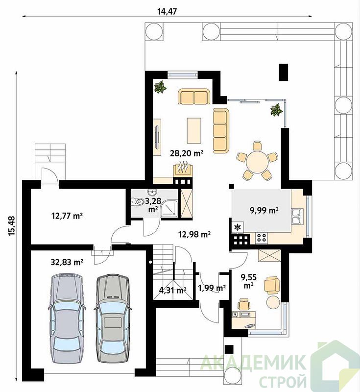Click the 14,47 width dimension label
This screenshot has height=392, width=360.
coord(167,11)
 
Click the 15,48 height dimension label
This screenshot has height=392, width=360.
coord(12,226)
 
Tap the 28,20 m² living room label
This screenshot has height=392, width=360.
coord(187,153)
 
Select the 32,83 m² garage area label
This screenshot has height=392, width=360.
coord(67,262)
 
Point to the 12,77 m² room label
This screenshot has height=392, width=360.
coord(67,216)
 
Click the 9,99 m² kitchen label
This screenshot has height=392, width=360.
coord(264,211)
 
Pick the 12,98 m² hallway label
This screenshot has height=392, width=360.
coord(194,234)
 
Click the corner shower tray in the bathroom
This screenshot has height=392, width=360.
coord(169,208)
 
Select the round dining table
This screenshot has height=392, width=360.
coord(257,161)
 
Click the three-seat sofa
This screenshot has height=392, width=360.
coord(221,130)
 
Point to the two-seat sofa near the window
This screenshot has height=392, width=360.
coord(194,97)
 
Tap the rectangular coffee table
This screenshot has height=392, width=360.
coord(194,130)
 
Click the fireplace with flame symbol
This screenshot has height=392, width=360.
coord(183,170)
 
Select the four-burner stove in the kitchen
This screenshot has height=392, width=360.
coord(262,237)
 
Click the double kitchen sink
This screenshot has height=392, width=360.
coord(297,217)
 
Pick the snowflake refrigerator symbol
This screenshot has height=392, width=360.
coord(238,227)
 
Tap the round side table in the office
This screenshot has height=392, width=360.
coord(273,302)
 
